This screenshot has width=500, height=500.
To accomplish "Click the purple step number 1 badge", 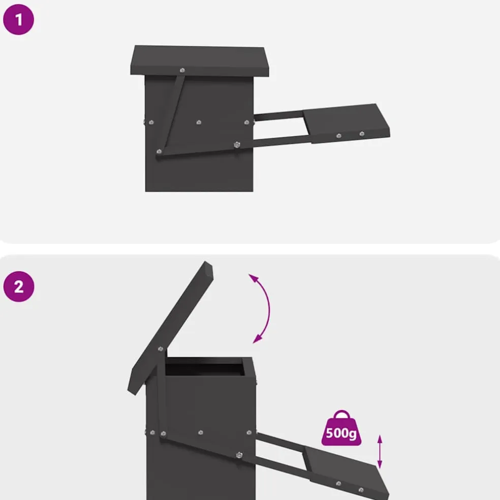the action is [18, 19].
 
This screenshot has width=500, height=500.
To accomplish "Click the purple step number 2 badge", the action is [18, 287].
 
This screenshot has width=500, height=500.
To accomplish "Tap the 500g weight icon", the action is [341, 428].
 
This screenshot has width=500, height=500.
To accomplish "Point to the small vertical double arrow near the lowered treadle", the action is [380, 452].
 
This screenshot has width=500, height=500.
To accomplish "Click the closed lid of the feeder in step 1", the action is [200, 61].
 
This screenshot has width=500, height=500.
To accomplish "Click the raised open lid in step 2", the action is [170, 328].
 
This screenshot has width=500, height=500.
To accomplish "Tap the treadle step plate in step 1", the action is [347, 123].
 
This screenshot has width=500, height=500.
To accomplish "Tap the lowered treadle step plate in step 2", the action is [347, 472].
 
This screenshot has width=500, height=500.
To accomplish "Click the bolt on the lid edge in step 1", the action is [182, 70].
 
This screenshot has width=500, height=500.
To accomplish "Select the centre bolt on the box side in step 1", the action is [199, 122].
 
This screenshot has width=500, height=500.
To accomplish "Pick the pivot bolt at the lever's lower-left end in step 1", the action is [159, 151].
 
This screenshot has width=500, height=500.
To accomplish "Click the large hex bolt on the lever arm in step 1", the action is [237, 145].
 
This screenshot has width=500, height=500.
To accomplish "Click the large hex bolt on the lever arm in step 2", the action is [239, 455].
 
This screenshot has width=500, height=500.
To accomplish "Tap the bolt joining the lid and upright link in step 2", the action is [161, 349].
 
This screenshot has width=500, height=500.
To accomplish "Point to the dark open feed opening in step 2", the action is [204, 367].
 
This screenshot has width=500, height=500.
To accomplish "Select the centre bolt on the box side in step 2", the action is [201, 432].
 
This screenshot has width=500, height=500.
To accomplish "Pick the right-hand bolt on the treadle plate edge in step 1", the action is [362, 134].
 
